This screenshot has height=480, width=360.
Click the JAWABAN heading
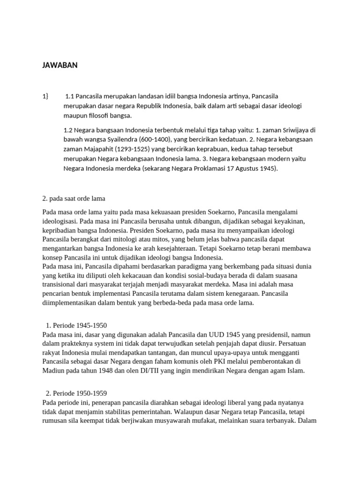pos(60,66)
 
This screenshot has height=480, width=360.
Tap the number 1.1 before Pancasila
pos(70,96)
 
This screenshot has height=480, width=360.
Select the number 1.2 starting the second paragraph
pos(68,130)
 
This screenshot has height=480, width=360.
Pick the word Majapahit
pos(99,150)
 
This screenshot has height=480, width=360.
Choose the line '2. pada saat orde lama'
pos(77,198)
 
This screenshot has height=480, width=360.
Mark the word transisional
pos(60,284)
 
